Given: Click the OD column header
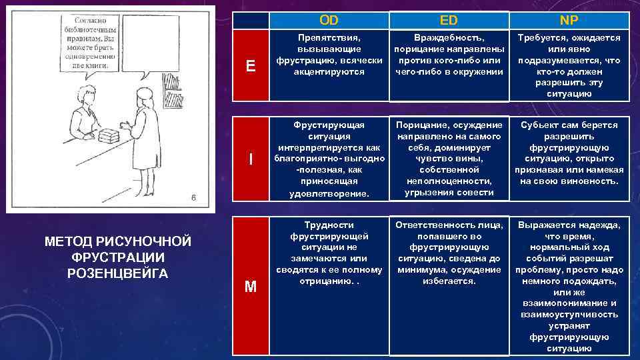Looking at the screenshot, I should (x=329, y=20).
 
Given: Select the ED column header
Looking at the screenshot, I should (x=449, y=20).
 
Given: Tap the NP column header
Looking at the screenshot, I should (x=569, y=20).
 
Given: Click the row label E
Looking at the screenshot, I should (x=250, y=65).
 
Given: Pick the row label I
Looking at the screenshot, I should (x=250, y=159).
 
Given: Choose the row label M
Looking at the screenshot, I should (x=250, y=287).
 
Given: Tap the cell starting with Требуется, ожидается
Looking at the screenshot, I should (x=569, y=65).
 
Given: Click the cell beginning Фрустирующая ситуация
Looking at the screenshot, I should (x=329, y=159).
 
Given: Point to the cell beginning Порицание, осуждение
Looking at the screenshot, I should (x=449, y=159).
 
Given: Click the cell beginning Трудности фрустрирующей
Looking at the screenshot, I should (x=329, y=253).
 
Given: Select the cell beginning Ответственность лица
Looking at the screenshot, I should (x=449, y=253).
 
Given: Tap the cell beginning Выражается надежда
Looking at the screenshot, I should (x=569, y=286).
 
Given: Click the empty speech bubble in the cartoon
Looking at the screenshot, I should (x=151, y=46).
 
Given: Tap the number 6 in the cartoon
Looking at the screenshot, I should (x=193, y=197).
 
